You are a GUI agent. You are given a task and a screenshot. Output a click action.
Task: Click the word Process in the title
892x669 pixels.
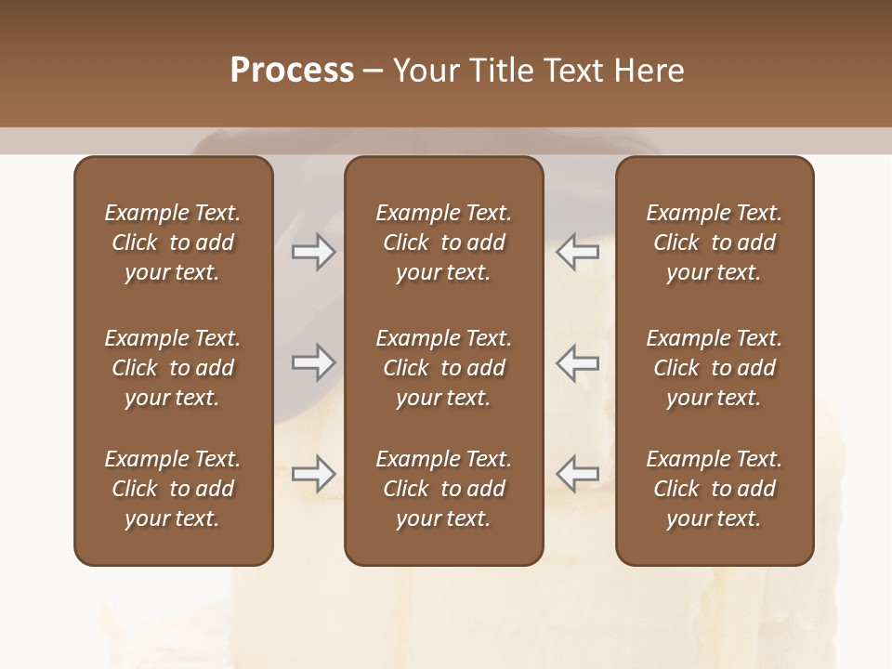point(292,71)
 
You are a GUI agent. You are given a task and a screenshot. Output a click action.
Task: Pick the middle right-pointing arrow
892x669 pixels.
point(313,363)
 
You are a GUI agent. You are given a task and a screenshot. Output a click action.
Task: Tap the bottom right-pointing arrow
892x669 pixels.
point(313,475)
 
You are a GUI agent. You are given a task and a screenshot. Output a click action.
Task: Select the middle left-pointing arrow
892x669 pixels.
point(578,363)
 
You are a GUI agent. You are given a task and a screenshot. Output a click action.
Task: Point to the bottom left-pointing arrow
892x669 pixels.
point(578,473)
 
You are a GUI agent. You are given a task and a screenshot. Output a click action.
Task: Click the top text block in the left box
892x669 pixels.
point(173,243)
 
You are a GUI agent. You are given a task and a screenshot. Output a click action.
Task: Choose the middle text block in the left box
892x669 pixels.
point(173,368)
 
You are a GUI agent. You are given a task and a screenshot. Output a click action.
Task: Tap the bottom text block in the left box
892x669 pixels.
point(173,489)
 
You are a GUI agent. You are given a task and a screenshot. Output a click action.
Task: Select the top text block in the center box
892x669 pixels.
point(443,243)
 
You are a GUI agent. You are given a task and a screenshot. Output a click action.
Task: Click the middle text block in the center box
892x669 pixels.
point(443,368)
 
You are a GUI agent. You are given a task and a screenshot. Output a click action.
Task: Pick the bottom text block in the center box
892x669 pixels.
point(443,489)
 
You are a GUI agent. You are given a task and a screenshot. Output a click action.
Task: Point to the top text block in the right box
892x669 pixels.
point(714,243)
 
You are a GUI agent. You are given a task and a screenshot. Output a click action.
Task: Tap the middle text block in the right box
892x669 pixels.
point(714,368)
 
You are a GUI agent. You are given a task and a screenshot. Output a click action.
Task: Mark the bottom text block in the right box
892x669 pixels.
point(714,489)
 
